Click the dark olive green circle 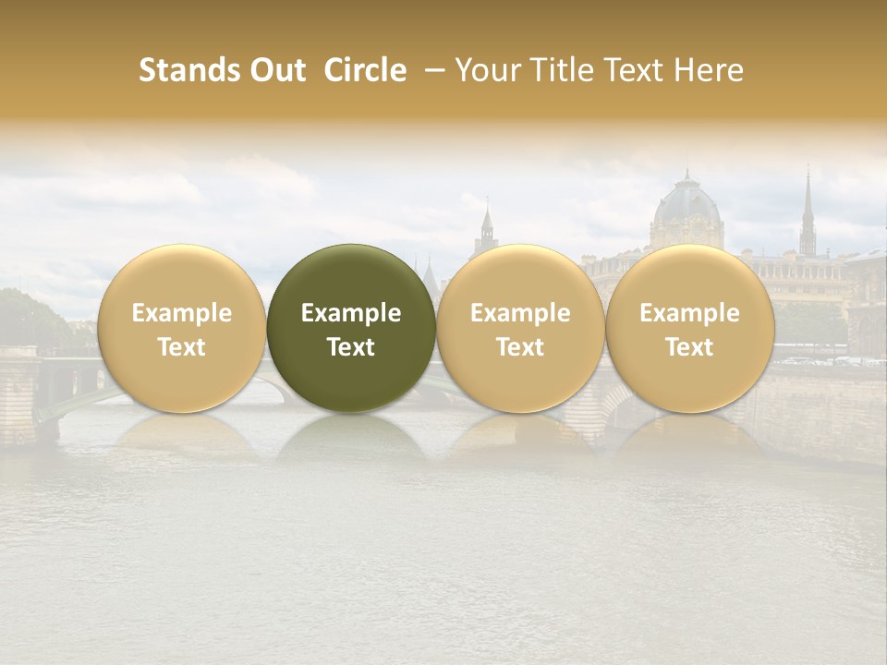click(351, 328)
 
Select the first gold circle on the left click(182, 328)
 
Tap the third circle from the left click(520, 328)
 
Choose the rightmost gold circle click(689, 328)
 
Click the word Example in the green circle click(351, 313)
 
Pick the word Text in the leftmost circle click(182, 346)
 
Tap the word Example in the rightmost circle click(689, 313)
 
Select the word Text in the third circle click(520, 346)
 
